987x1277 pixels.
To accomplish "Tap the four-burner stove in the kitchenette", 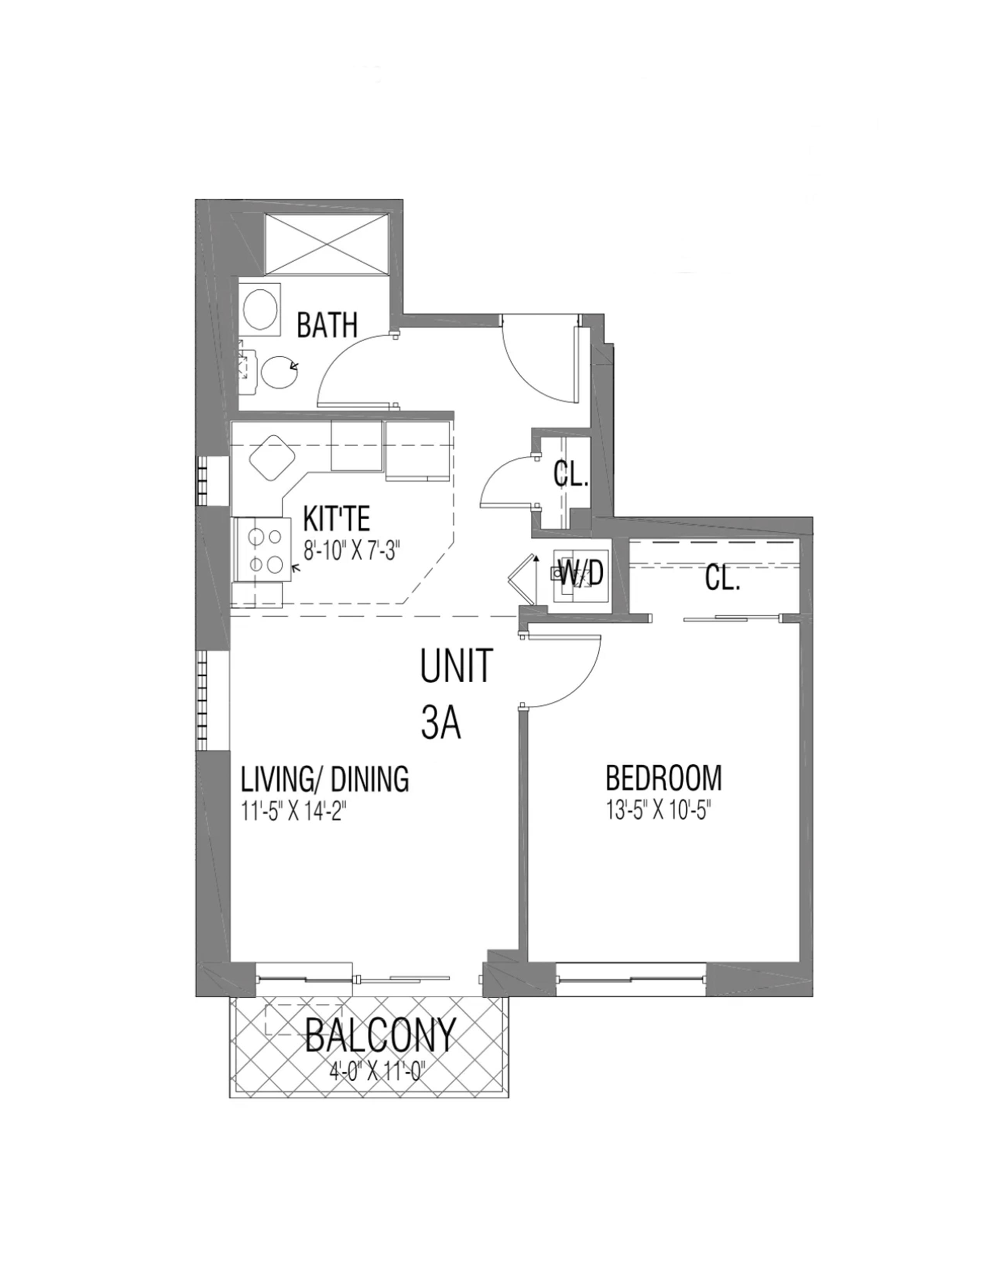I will point(262,549).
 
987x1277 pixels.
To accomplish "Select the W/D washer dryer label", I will point(581,575).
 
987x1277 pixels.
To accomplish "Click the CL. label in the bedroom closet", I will point(722,579).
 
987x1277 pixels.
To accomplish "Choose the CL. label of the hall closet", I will point(571,476).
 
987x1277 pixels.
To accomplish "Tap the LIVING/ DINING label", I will point(325,779).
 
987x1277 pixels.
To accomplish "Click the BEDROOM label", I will point(664,778).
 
